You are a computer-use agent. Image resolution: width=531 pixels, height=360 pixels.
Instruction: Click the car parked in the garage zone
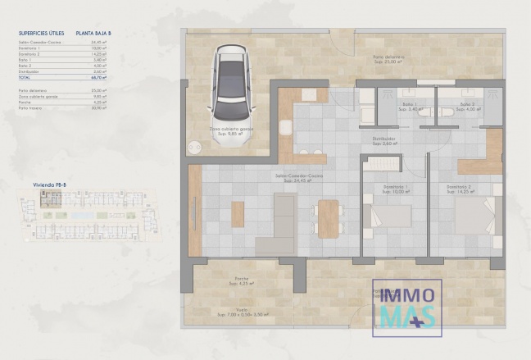point(231,93)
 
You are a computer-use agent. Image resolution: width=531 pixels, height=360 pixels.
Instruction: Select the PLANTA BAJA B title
point(93,34)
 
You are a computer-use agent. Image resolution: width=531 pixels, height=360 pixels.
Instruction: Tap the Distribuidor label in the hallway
point(385,140)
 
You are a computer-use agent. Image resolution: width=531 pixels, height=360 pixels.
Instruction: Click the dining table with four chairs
point(329,219)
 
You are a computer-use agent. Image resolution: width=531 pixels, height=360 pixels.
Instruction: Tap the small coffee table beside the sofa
point(238,214)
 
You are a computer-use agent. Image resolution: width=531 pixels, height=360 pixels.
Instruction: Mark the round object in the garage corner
point(194,148)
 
